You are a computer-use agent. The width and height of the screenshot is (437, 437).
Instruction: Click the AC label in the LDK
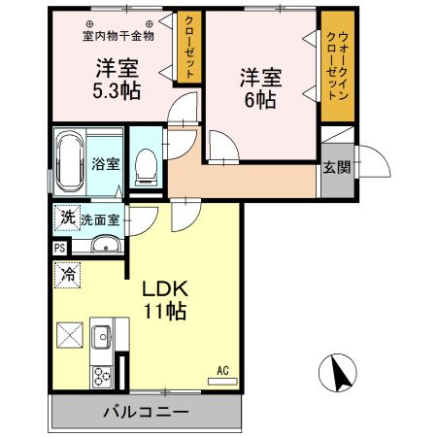point(222,370)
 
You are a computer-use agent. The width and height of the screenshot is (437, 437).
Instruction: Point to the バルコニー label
point(147,412)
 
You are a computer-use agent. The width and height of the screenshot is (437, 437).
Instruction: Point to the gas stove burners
point(100,374)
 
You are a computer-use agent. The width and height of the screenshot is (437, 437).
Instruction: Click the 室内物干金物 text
point(117,37)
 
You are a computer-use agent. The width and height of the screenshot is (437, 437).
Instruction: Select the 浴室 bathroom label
point(106,164)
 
